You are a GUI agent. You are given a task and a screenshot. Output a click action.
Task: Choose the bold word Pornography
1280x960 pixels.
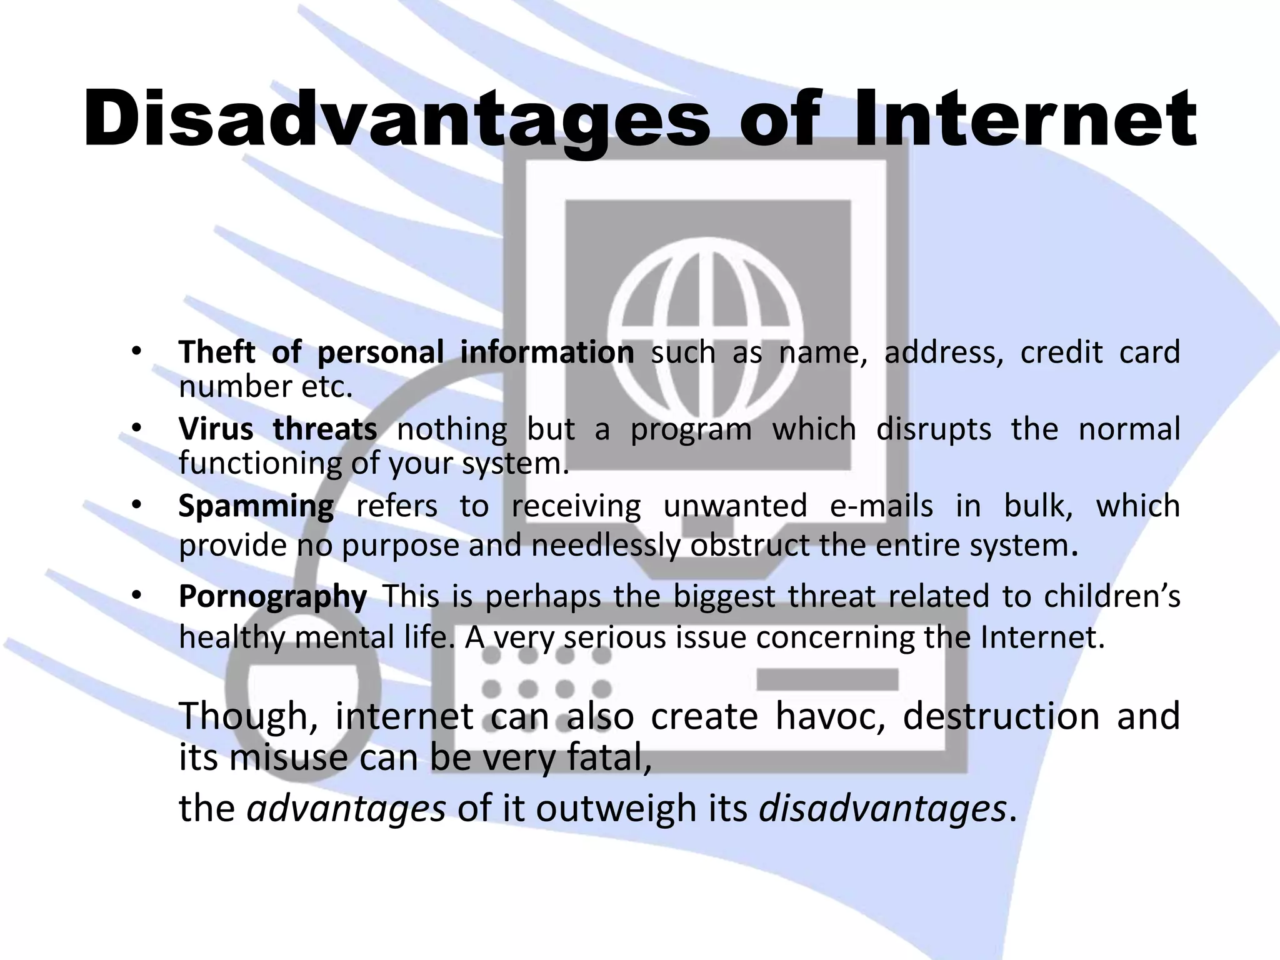[x=272, y=597]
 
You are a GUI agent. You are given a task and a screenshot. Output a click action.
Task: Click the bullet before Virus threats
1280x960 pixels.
[x=136, y=429]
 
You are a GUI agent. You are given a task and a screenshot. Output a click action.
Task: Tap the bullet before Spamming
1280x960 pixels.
[x=136, y=505]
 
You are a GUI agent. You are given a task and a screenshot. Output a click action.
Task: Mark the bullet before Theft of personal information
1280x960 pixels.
[x=136, y=352]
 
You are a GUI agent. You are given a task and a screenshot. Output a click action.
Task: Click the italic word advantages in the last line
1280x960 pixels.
[x=346, y=809]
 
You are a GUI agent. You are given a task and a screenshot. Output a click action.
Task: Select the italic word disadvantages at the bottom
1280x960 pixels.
[x=882, y=809]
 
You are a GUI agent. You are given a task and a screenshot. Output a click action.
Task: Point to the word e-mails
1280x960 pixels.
[x=881, y=506]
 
